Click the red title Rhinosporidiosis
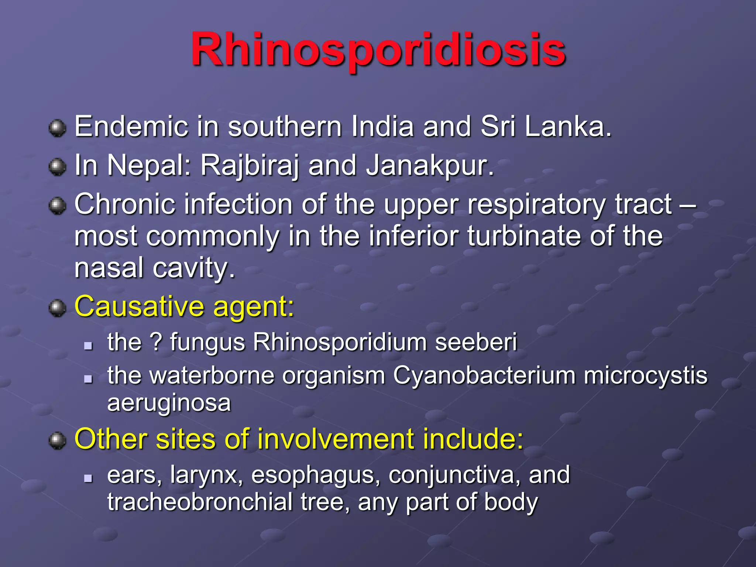(x=378, y=50)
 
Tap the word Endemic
(x=131, y=127)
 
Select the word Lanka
(x=568, y=127)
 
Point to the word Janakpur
(x=430, y=166)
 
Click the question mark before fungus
(x=156, y=342)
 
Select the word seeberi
(x=476, y=342)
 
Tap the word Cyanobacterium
(x=484, y=376)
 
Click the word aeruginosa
(x=169, y=403)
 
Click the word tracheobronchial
(x=200, y=502)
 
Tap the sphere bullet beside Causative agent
(x=57, y=308)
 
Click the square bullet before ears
(x=88, y=478)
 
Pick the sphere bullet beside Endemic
(x=57, y=128)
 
